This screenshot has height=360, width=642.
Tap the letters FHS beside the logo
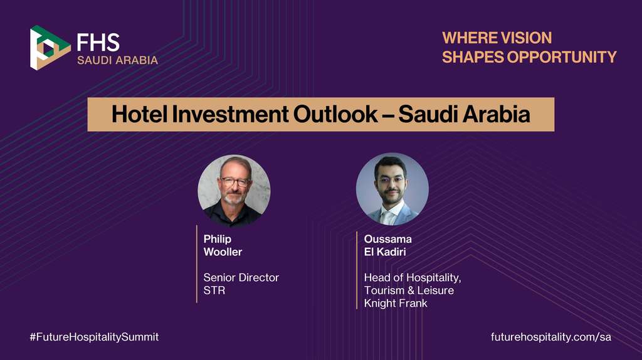tap(98, 42)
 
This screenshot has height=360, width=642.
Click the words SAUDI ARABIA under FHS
tap(117, 61)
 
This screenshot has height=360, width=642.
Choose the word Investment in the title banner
tap(224, 115)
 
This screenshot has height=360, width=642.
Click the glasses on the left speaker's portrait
tap(234, 182)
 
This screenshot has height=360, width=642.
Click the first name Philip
tap(217, 239)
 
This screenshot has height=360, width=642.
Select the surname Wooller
tap(223, 252)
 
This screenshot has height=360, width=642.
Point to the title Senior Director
tap(241, 277)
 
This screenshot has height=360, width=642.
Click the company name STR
tap(214, 290)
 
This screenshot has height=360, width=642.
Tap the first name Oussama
tap(387, 239)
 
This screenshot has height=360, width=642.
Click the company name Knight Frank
tap(396, 304)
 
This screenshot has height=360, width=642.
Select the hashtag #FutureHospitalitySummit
tap(94, 337)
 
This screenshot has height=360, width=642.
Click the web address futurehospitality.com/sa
tap(550, 337)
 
